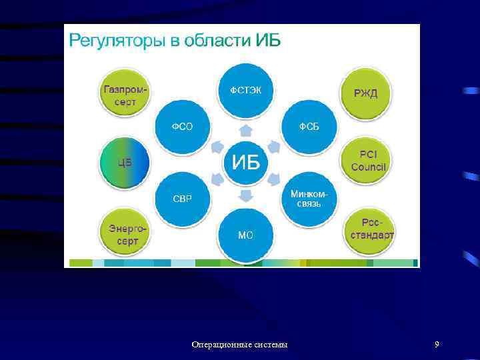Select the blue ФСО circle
pos(182,127)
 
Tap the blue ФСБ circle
pos(309,127)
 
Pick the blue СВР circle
pos(182,199)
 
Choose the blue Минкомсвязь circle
pos(309,198)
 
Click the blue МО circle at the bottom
pos(245,235)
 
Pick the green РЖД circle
pos(365,93)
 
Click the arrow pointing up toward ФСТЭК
pos(246,129)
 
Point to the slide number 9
pos(436,344)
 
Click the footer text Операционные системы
pos(240,345)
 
